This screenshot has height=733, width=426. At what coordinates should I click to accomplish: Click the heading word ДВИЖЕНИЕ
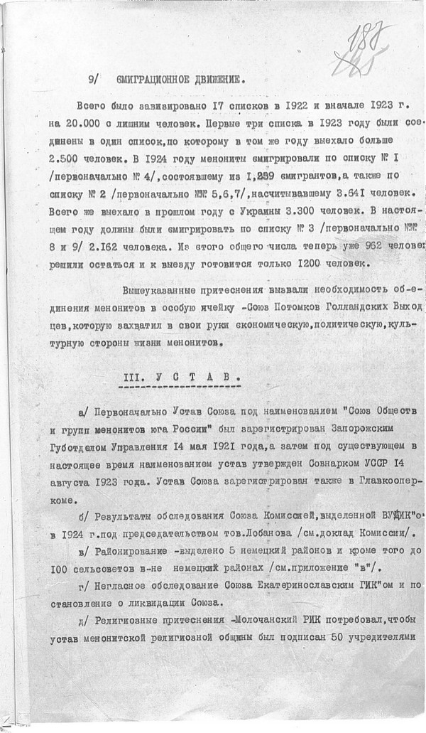click(x=205, y=80)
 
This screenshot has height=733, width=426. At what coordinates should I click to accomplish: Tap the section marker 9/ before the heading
click(x=92, y=80)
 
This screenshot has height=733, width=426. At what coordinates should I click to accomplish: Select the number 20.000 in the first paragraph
click(x=97, y=122)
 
